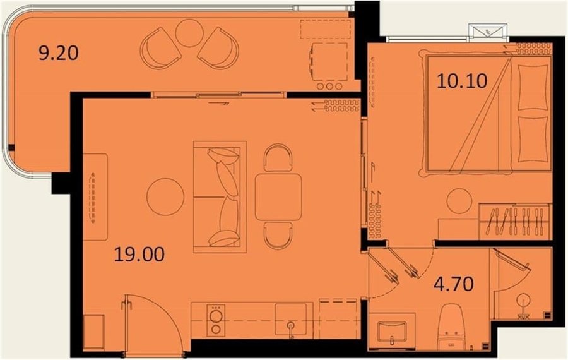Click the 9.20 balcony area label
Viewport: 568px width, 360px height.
pos(58,53)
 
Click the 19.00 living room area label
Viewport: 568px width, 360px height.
pos(139,254)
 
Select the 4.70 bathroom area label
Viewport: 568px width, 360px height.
pos(454,284)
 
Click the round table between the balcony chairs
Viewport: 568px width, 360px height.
pos(189,32)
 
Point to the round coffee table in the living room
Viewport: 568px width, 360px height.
pos(165,197)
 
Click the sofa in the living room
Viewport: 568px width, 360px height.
pos(220,197)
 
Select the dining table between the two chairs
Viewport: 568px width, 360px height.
pos(278,197)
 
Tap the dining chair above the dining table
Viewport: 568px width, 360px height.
pos(278,157)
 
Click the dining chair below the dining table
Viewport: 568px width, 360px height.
pos(278,236)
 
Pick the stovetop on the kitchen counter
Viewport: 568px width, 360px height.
pos(216,320)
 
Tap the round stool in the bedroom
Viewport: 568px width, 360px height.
pos(459,201)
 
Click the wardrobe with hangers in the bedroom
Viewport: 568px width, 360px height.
pos(514,222)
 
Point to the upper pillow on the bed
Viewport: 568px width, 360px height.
pos(533,87)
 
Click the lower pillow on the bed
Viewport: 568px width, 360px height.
pos(533,139)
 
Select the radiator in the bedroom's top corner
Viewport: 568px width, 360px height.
pos(533,49)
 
